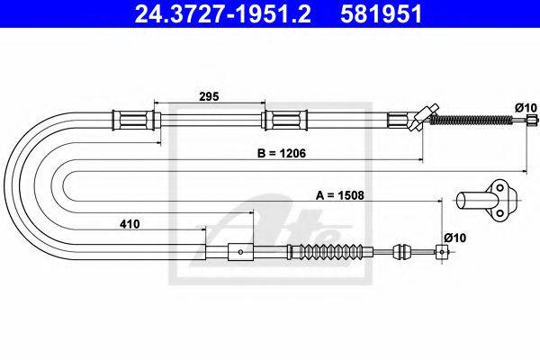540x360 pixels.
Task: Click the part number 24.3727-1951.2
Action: (222, 13)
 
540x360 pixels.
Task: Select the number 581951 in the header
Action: (381, 13)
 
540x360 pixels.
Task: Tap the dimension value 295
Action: (209, 96)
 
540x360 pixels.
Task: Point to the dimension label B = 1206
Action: (282, 153)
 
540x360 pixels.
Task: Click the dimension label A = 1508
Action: (339, 195)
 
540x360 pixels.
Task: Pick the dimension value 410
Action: (130, 224)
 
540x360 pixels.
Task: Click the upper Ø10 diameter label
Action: (526, 107)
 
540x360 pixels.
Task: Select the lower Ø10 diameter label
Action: (454, 238)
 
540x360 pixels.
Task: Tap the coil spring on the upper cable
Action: (472, 120)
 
